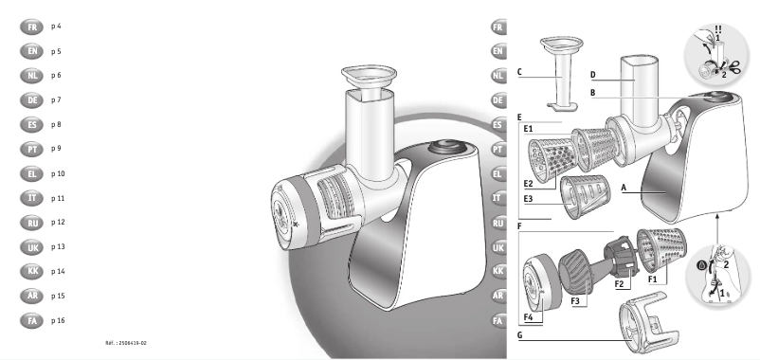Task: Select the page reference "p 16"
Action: pos(58,321)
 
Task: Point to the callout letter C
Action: pos(520,71)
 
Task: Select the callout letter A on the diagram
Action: pos(624,188)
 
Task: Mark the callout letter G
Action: pos(521,335)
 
